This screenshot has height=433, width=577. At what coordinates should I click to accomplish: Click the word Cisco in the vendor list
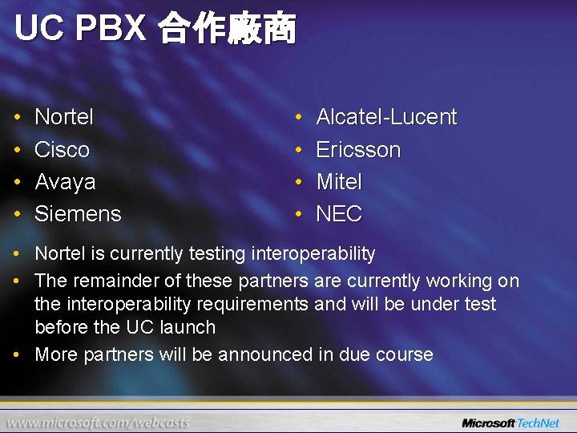62,150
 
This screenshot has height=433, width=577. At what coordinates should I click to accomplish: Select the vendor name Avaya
65,182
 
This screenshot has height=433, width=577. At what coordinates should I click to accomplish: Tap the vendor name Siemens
78,214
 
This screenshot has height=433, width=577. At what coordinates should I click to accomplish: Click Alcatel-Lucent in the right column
386,117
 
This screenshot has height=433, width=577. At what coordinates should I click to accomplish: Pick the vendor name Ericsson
358,150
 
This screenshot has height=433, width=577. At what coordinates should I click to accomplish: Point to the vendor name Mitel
339,182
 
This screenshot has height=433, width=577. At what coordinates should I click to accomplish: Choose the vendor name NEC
339,214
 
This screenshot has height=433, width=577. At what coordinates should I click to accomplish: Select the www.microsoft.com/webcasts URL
99,423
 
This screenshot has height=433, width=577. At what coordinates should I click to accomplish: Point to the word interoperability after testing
313,254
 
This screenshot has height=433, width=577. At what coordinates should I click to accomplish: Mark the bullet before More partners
18,355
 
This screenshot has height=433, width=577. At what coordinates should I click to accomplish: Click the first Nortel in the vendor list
64,117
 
